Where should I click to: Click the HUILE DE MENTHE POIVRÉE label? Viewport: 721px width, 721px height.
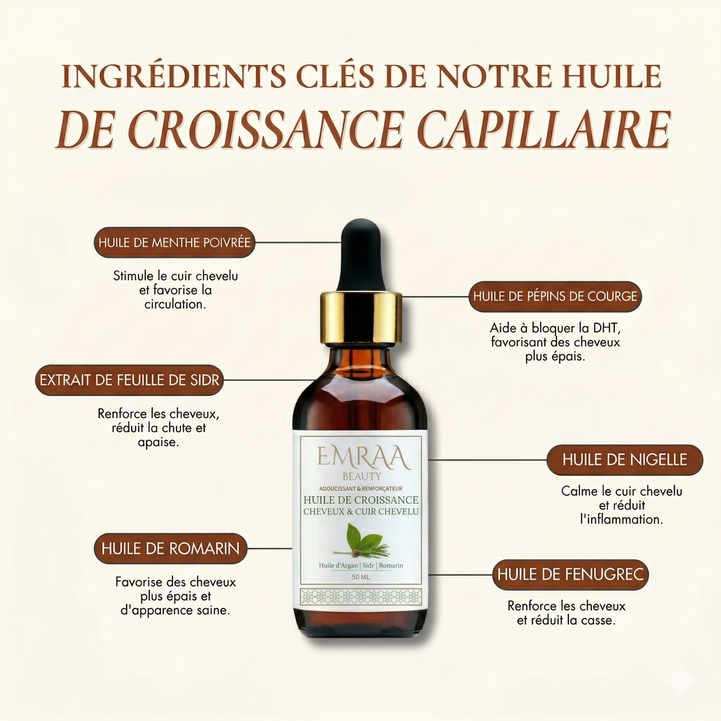point(175,243)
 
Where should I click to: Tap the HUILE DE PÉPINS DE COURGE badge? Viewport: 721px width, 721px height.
point(555,296)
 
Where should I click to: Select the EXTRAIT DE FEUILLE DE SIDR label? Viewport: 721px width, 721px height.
point(129,380)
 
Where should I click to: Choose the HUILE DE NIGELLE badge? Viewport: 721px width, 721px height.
point(624,460)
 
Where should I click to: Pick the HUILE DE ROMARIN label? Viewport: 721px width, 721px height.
point(170,549)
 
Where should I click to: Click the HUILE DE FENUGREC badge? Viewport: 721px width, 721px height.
point(570,574)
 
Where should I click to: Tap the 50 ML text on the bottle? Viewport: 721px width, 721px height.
point(360,578)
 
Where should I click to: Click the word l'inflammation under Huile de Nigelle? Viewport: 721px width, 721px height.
point(621,519)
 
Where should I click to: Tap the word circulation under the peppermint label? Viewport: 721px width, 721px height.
point(174,305)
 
